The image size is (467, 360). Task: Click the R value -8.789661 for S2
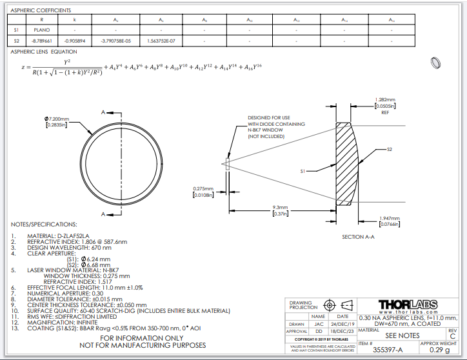coord(42,41)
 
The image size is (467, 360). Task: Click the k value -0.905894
coord(75,41)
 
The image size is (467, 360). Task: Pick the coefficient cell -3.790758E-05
coord(116,41)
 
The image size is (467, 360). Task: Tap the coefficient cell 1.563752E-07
coord(161,41)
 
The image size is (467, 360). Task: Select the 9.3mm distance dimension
coord(279,207)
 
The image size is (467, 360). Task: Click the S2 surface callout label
coord(390,149)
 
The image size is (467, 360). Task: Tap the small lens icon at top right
coord(435,63)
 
